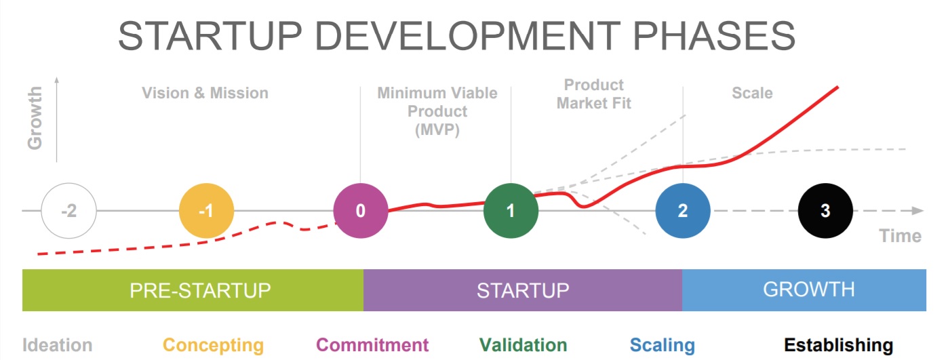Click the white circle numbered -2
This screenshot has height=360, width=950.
[x=68, y=211]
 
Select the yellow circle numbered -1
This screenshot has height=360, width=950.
[x=207, y=211]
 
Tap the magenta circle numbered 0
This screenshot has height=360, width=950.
[x=361, y=211]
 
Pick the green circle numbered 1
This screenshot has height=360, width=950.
[x=511, y=211]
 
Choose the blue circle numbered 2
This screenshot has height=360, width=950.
[x=683, y=211]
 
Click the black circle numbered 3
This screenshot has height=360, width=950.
[x=825, y=211]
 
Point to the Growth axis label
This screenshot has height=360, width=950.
[x=35, y=118]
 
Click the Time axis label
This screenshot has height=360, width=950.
[x=900, y=236]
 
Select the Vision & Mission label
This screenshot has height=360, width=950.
[x=205, y=93]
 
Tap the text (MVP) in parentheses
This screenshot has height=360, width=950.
[x=437, y=129]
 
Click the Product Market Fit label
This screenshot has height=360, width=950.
[x=594, y=94]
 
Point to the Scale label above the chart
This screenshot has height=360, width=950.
[x=753, y=93]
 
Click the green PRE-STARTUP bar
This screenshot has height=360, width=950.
[x=193, y=290]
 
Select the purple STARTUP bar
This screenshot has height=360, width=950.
[x=523, y=290]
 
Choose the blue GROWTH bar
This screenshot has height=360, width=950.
[x=804, y=290]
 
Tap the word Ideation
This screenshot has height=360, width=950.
[x=57, y=345]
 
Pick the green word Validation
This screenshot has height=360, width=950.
[x=523, y=345]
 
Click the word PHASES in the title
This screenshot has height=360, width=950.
[x=714, y=36]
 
